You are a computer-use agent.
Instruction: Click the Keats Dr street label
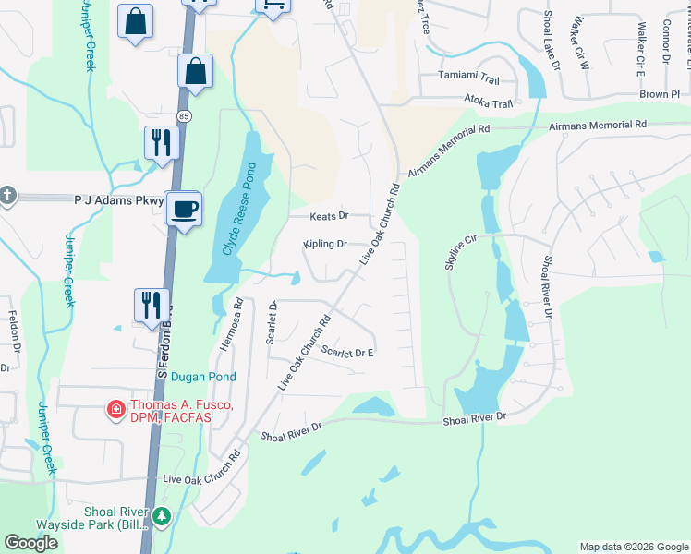(x=328, y=215)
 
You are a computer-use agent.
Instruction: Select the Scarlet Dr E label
(x=346, y=353)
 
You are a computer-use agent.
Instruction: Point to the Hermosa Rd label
(x=231, y=322)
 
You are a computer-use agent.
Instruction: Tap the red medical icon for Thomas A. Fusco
(x=115, y=408)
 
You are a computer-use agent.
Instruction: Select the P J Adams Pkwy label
(x=118, y=199)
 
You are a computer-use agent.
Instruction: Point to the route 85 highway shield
(x=185, y=115)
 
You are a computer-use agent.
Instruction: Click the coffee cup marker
(x=186, y=209)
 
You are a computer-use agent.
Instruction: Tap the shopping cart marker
(x=272, y=5)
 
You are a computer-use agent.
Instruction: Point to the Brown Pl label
(x=660, y=94)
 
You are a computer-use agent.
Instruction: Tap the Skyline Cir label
(x=463, y=252)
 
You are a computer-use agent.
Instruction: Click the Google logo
(x=31, y=543)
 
